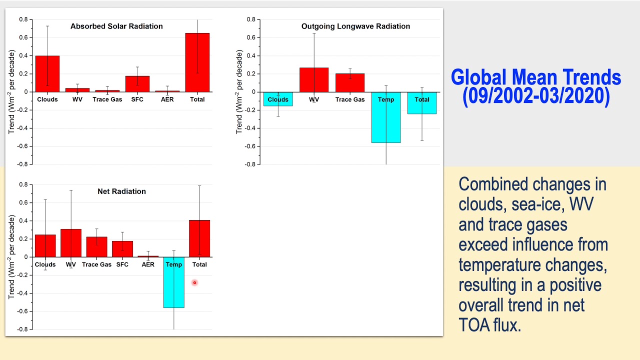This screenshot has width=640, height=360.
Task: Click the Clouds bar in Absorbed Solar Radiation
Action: [x=47, y=73]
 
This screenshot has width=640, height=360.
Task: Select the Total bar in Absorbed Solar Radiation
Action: [x=197, y=62]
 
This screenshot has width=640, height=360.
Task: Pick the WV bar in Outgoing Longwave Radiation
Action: [x=314, y=80]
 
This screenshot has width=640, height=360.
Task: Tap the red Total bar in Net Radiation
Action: [x=199, y=238]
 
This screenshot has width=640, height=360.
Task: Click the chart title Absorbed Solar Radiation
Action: [x=116, y=26]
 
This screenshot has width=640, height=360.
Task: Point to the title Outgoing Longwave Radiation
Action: [x=355, y=26]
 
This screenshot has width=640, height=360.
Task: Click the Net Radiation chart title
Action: [x=121, y=191]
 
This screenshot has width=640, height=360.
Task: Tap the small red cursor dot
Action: [x=194, y=282]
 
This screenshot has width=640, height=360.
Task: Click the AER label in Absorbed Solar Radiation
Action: [x=167, y=99]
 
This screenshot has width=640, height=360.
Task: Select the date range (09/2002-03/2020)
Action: [x=536, y=96]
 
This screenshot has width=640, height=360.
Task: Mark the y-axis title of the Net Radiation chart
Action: [x=12, y=257]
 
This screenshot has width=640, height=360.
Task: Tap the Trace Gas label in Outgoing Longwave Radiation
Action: [x=350, y=99]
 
